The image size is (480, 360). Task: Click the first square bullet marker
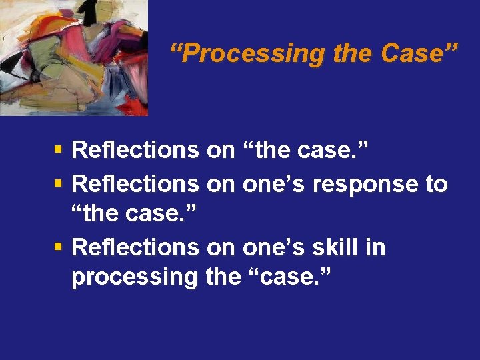(59, 149)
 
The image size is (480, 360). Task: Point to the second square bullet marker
(59, 182)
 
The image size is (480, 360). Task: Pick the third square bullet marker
(59, 247)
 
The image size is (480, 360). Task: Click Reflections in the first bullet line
(135, 150)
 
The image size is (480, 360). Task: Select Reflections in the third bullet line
(135, 247)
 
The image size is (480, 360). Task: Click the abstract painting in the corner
(73, 57)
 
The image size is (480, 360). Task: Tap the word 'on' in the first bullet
(221, 150)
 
